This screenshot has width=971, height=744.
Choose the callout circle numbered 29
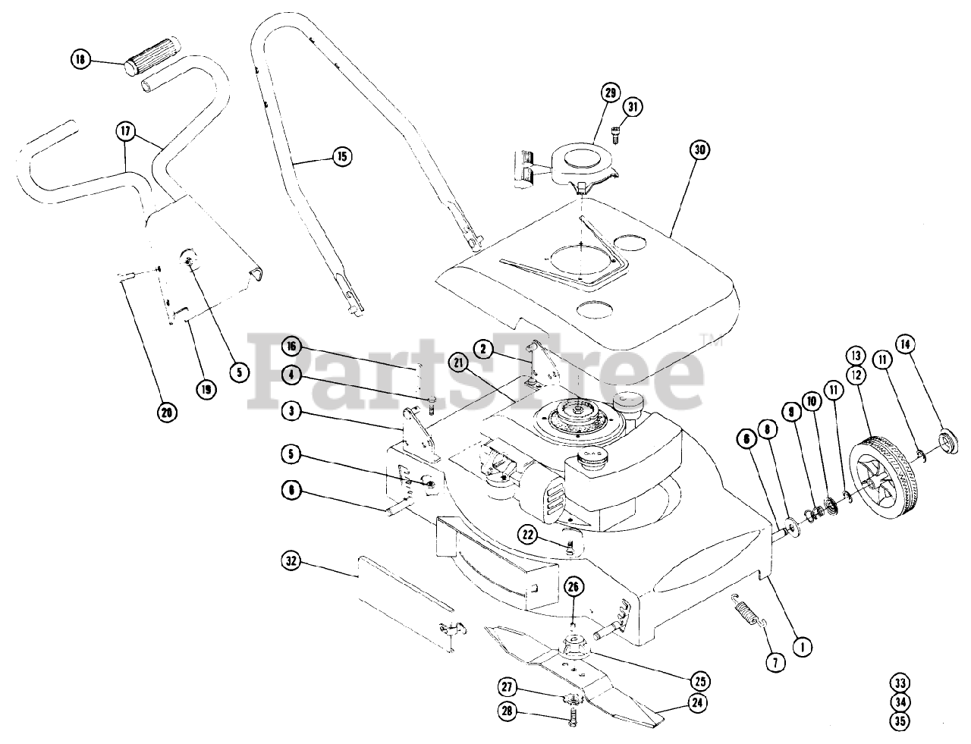pyautogui.click(x=611, y=93)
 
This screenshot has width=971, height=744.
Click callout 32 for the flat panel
pyautogui.click(x=291, y=562)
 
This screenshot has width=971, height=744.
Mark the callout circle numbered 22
pyautogui.click(x=529, y=534)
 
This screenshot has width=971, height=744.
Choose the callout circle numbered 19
pyautogui.click(x=205, y=389)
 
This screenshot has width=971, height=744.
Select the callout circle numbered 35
pyautogui.click(x=900, y=722)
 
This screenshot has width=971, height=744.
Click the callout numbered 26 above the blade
pyautogui.click(x=574, y=585)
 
